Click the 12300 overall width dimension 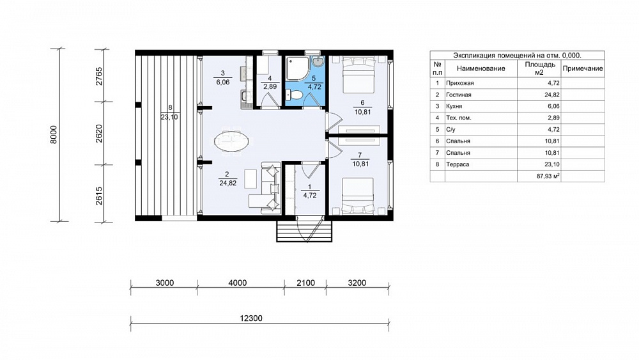(250, 318)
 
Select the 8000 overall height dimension (54, 134)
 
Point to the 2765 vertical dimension (99, 76)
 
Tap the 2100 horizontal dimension (305, 283)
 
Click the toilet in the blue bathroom (294, 95)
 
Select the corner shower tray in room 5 (298, 68)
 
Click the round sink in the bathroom (318, 62)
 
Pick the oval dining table (231, 141)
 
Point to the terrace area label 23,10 (170, 117)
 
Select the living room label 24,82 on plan (228, 183)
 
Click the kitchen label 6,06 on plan (223, 82)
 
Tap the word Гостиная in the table (458, 95)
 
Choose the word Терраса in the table (458, 164)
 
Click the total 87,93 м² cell (548, 176)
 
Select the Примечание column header (582, 68)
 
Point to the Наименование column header (481, 68)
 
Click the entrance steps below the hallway (304, 231)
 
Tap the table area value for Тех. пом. (554, 118)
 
